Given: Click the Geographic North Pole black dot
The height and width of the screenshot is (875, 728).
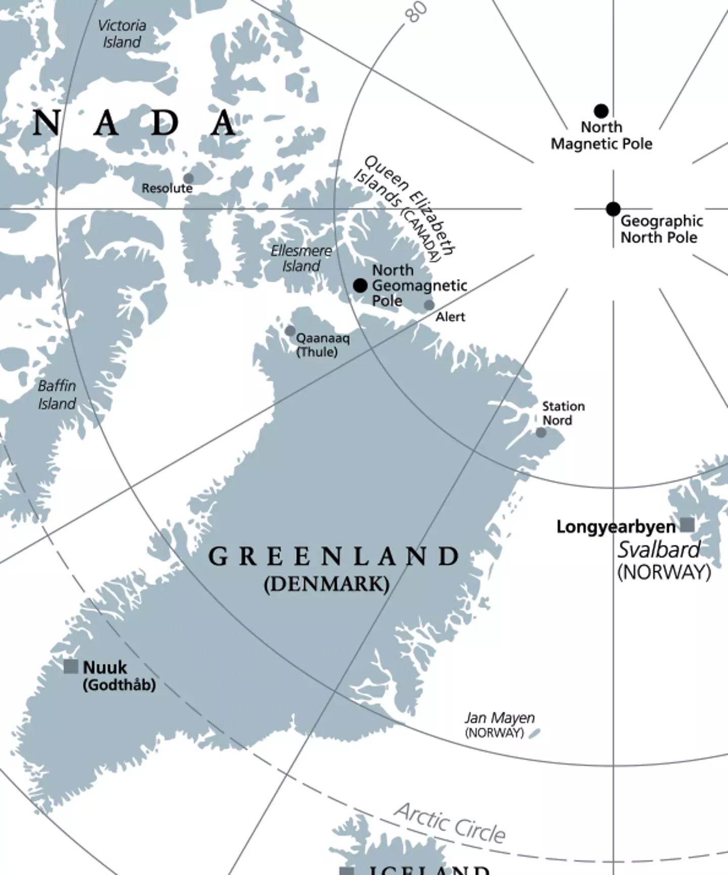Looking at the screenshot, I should (613, 209).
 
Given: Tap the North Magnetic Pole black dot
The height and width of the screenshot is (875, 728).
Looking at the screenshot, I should (601, 111).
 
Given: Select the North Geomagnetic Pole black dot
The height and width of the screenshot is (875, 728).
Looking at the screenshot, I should (360, 286).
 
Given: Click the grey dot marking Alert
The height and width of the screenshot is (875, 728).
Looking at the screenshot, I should (429, 305).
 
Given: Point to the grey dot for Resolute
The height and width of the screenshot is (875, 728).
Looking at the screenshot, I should (189, 178).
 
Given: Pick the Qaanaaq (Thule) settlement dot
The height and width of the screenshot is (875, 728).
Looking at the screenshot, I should (290, 331).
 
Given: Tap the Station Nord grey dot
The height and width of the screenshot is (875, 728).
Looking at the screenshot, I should (541, 433).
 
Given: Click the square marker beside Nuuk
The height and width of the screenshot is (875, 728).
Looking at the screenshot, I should (71, 666).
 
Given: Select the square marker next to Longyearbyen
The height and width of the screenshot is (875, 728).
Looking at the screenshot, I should (687, 525).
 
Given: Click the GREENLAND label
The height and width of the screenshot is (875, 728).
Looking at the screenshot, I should (334, 557).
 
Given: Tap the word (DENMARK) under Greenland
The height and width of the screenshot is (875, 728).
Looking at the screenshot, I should (327, 584).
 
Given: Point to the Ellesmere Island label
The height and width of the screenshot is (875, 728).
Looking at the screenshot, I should (301, 258).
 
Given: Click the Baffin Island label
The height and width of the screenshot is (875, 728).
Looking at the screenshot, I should (57, 395).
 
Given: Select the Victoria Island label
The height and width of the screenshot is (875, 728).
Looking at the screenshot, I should (122, 33).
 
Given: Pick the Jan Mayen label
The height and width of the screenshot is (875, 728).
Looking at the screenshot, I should (499, 718).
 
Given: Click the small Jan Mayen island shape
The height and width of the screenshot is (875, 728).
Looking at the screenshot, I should (534, 732).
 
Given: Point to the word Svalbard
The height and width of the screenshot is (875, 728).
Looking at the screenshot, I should (659, 549).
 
